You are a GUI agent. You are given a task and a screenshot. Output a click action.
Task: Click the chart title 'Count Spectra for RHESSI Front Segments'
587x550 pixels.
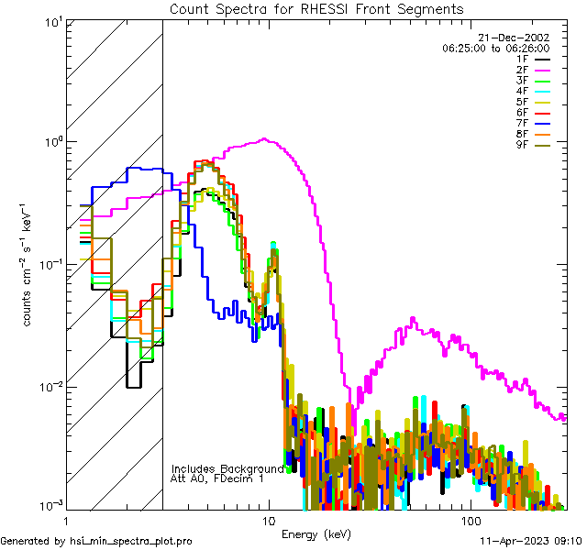pyautogui.click(x=316, y=8)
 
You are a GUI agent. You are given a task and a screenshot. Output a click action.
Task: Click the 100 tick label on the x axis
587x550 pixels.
pyautogui.click(x=471, y=520)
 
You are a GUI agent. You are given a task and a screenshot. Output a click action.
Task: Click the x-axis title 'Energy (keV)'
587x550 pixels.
pyautogui.click(x=316, y=533)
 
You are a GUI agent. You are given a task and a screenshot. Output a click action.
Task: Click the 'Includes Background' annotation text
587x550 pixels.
pyautogui.click(x=227, y=468)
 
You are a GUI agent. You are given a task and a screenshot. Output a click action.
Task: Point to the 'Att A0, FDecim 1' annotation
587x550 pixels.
pyautogui.click(x=218, y=478)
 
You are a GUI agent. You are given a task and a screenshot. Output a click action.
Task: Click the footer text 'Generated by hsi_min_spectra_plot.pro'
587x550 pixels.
pyautogui.click(x=96, y=541)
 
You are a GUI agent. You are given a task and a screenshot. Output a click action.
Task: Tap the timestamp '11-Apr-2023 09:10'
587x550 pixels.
pyautogui.click(x=530, y=541)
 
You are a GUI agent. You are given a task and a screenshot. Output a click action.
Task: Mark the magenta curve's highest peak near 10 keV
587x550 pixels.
pyautogui.click(x=265, y=139)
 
